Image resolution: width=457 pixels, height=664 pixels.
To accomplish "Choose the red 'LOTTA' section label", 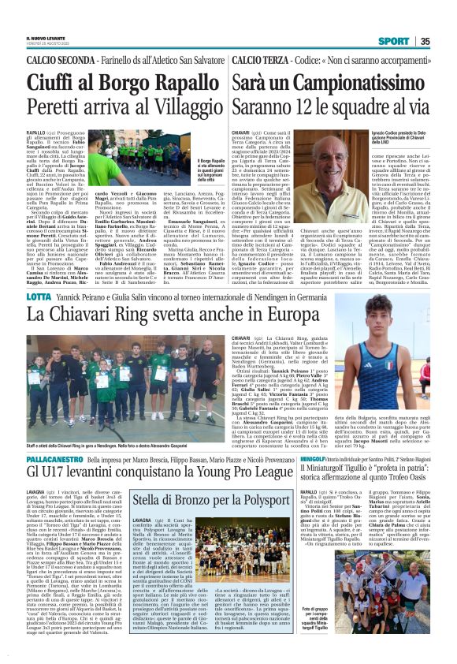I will (38, 297).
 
